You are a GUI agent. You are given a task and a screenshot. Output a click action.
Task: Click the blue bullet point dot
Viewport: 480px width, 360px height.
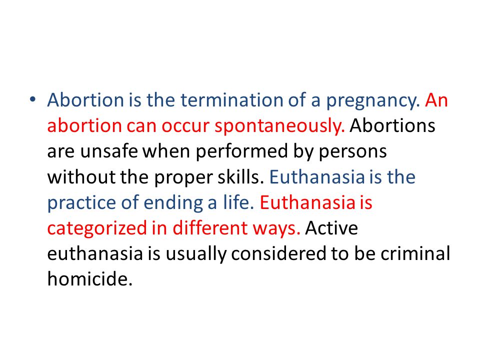click(x=32, y=99)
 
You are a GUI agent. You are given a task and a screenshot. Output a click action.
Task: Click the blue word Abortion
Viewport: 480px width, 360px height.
click(x=85, y=100)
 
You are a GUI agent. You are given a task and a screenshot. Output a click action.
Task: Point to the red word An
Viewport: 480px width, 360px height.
click(x=436, y=100)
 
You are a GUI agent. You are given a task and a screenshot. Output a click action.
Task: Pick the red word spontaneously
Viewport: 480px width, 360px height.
click(x=279, y=127)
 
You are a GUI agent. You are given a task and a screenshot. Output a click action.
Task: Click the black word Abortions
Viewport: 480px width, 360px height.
click(x=392, y=125)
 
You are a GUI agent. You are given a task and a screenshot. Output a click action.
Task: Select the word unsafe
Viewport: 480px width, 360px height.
click(x=109, y=151)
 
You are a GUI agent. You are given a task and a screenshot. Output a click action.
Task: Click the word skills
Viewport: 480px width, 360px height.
click(x=240, y=176)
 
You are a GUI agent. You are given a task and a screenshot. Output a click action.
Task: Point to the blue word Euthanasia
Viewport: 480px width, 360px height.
click(x=317, y=176)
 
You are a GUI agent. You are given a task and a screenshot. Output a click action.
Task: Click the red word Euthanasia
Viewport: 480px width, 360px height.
click(x=307, y=202)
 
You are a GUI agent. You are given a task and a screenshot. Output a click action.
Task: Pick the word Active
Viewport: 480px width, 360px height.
click(x=331, y=228)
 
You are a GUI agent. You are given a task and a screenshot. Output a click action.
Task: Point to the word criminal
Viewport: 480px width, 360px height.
click(x=415, y=253)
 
